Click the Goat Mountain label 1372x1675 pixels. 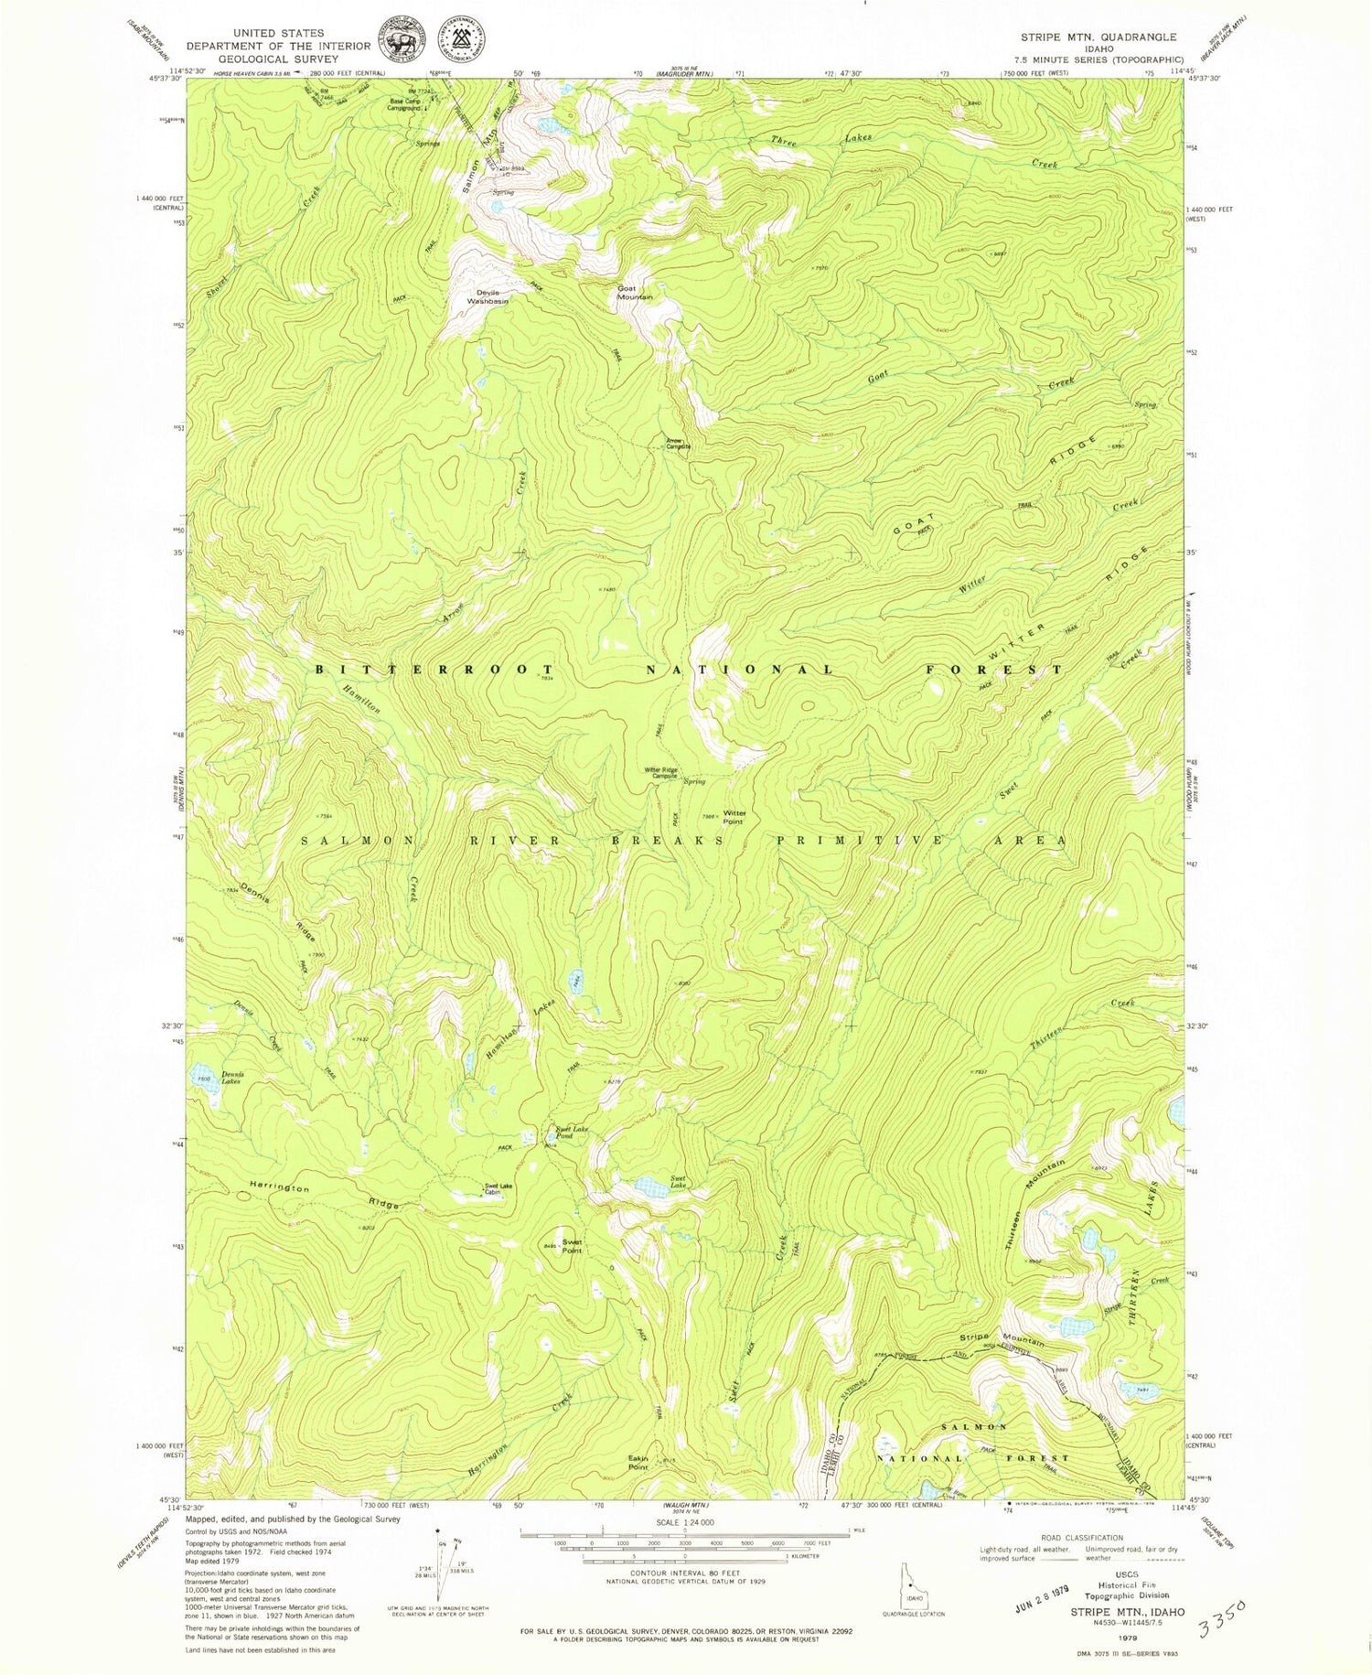(x=635, y=293)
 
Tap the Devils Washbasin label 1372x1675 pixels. (x=487, y=295)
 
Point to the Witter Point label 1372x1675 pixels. (x=734, y=817)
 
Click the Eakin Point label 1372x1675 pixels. (x=638, y=1463)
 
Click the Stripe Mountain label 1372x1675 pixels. (x=1002, y=1338)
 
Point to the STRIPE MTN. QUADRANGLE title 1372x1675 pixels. (x=1099, y=38)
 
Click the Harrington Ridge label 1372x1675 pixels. (x=325, y=1196)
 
